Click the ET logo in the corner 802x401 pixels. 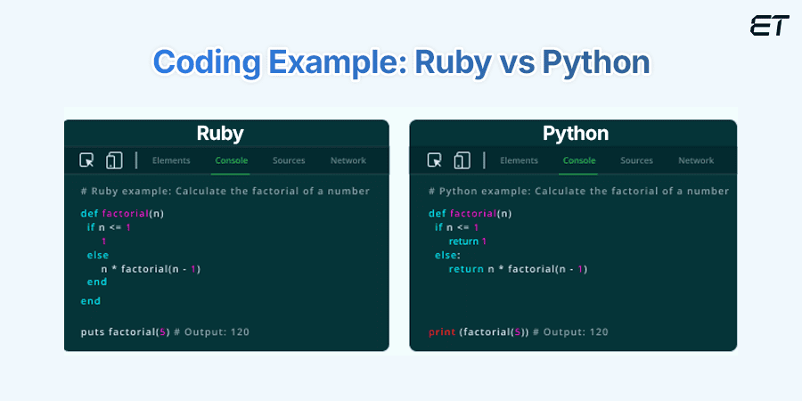click(x=770, y=26)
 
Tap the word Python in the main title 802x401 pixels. click(x=596, y=63)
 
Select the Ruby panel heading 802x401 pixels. click(x=220, y=134)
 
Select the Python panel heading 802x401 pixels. click(x=576, y=134)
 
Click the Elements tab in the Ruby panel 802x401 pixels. click(x=171, y=160)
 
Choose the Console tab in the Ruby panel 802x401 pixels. click(x=231, y=160)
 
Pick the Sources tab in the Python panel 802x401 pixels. click(x=636, y=160)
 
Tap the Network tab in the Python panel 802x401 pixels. click(x=696, y=160)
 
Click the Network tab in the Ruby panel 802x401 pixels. click(x=348, y=160)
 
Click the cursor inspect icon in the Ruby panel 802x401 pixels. click(x=86, y=160)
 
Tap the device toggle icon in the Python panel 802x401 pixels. click(x=462, y=160)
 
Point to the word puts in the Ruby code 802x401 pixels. click(x=93, y=332)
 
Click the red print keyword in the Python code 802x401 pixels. click(x=441, y=332)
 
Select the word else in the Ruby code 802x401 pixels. click(x=98, y=255)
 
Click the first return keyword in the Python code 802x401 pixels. click(x=463, y=241)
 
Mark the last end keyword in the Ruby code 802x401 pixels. click(x=91, y=301)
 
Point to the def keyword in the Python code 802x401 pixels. click(x=437, y=213)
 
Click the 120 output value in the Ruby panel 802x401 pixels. click(x=240, y=332)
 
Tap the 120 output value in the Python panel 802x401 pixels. click(x=599, y=332)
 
